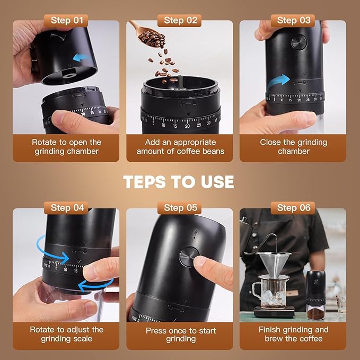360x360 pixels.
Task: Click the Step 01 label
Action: [x=68, y=20]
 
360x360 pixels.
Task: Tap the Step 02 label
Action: [x=180, y=20]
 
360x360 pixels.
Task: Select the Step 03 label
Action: [x=294, y=20]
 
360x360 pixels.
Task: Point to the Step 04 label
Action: [x=68, y=207]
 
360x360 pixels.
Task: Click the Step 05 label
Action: [x=180, y=207]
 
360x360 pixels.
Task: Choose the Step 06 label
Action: [x=294, y=207]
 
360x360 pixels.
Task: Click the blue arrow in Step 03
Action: [x=278, y=82]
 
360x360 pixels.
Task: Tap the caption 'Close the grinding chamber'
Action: [x=293, y=147]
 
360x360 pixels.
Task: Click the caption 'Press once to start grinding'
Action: [x=181, y=335]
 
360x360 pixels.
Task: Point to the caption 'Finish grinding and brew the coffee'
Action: [x=293, y=334]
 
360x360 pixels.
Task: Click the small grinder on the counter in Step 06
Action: [x=316, y=294]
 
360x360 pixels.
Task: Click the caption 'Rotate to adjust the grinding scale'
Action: [x=67, y=334]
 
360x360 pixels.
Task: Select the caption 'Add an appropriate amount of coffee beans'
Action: [x=180, y=147]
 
